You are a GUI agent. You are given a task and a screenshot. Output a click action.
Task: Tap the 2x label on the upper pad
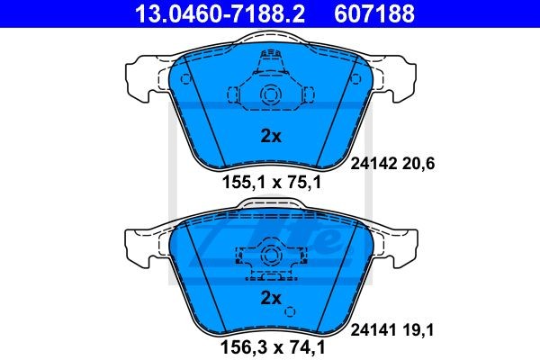pyautogui.click(x=271, y=137)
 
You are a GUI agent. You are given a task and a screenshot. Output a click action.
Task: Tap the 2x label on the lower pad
pyautogui.click(x=271, y=297)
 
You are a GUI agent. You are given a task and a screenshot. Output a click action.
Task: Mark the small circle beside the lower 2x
pyautogui.click(x=289, y=311)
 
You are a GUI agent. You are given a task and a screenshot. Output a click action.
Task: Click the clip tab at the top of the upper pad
pyautogui.click(x=270, y=61)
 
